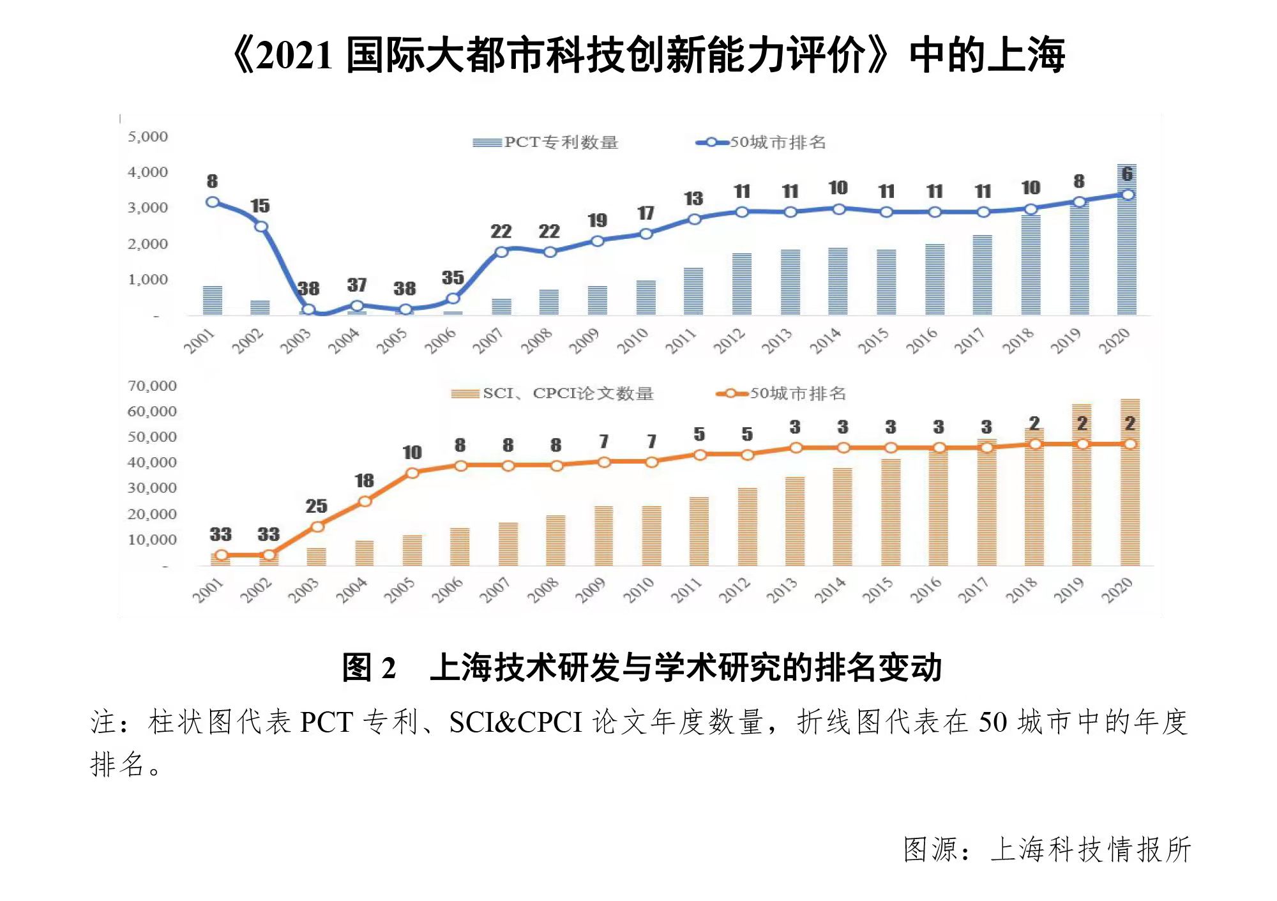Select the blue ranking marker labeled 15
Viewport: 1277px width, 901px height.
coord(261,227)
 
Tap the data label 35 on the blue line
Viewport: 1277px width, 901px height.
coord(453,278)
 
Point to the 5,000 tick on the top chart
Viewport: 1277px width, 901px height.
coord(147,137)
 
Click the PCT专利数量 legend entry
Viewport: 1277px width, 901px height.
coord(546,142)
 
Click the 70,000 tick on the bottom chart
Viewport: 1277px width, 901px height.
coord(152,386)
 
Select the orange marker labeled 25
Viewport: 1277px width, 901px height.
coord(317,527)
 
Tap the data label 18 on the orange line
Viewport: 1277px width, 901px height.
coord(364,481)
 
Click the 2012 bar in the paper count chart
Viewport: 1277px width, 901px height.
coord(747,527)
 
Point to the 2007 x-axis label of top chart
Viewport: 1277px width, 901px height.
coord(488,341)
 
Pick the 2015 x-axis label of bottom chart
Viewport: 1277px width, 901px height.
coord(878,590)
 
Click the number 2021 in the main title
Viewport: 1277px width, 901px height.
coord(296,56)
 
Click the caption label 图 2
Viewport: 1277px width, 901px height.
coord(369,668)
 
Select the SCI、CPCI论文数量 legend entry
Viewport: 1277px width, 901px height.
coord(553,393)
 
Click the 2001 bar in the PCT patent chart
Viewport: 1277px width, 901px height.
coord(213,301)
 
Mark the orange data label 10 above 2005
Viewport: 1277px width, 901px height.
coord(412,453)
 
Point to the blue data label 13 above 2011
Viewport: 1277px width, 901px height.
coord(693,199)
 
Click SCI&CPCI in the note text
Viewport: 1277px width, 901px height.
coord(515,722)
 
